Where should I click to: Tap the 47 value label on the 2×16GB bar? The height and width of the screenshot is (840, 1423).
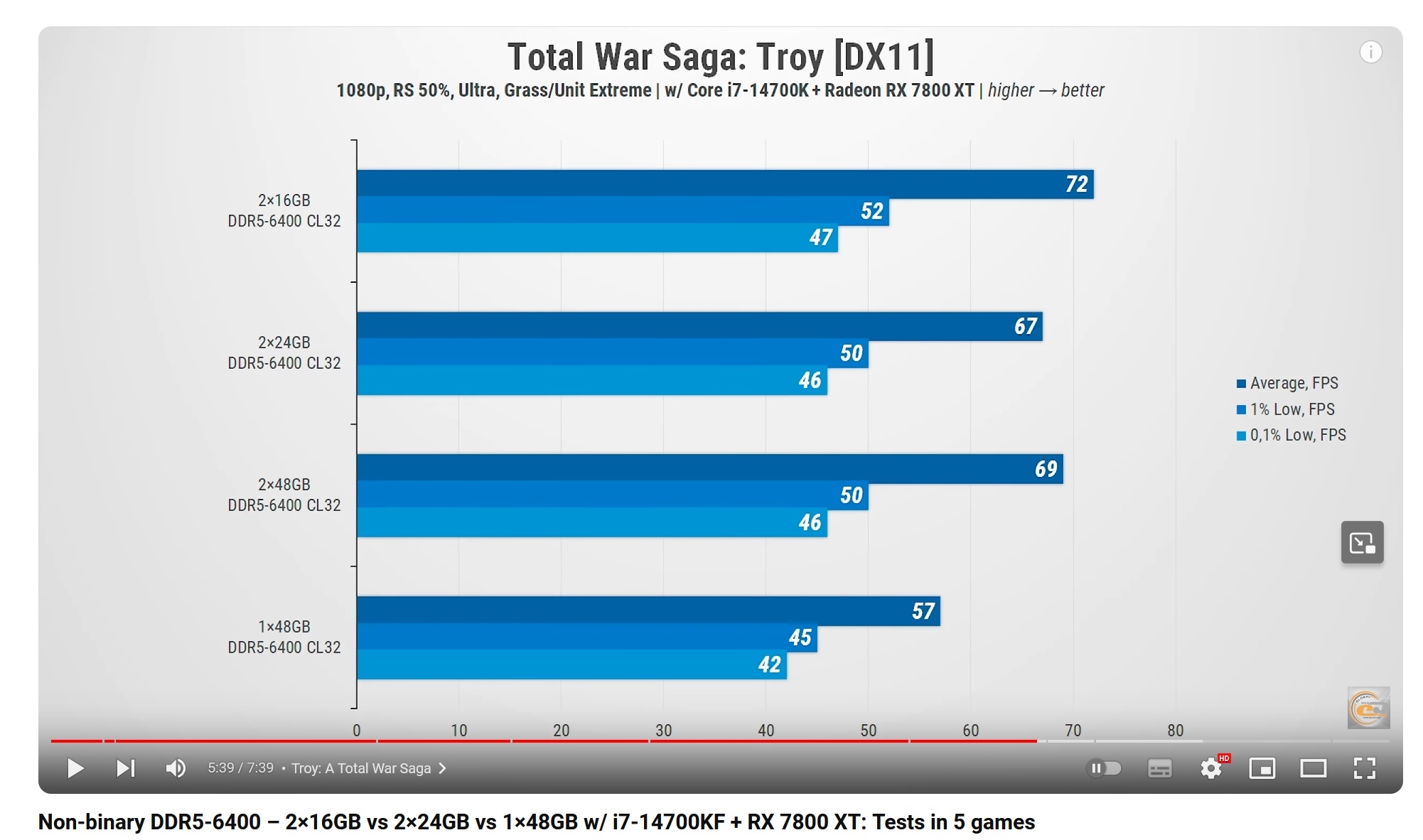tap(820, 237)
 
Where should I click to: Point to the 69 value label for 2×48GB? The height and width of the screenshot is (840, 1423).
tap(1046, 469)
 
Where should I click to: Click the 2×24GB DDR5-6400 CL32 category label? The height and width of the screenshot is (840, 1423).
tap(284, 352)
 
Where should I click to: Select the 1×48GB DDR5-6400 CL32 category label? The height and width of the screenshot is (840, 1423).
tap(284, 637)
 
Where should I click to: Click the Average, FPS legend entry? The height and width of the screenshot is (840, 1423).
tap(1287, 383)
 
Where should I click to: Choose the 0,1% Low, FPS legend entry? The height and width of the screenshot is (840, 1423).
tap(1292, 435)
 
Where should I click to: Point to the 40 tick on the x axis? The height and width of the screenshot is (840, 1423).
tap(766, 730)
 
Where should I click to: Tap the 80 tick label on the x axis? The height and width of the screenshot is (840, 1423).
tap(1175, 730)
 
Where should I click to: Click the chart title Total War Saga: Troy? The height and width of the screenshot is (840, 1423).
tap(720, 57)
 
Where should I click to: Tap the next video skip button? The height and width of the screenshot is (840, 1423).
tap(125, 768)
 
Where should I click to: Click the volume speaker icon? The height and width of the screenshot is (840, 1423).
tap(175, 768)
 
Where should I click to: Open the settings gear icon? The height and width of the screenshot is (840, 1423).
tap(1210, 768)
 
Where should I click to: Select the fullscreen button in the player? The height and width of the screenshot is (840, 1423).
tap(1364, 768)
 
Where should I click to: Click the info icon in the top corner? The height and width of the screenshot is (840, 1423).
tap(1370, 52)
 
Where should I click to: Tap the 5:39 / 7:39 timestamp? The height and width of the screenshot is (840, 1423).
tap(240, 768)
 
